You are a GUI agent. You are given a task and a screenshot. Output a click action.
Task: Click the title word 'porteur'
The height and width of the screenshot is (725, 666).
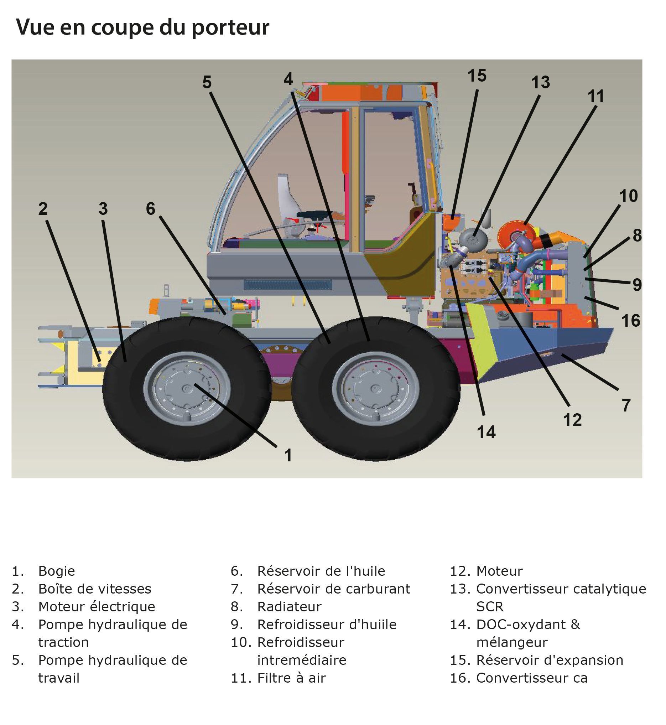click(x=230, y=28)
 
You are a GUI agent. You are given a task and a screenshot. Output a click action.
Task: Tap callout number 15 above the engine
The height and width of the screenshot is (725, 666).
click(x=477, y=76)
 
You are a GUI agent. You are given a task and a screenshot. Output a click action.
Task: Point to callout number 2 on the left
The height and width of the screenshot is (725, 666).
click(x=43, y=209)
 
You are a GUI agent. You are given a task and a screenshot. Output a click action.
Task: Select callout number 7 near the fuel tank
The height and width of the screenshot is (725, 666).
click(x=626, y=405)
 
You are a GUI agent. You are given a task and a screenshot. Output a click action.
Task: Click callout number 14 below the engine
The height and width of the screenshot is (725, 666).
click(x=486, y=432)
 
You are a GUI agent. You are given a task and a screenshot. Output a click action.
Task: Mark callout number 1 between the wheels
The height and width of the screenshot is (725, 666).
click(x=288, y=455)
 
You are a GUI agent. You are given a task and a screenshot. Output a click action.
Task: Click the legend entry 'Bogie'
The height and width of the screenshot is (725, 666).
click(x=57, y=571)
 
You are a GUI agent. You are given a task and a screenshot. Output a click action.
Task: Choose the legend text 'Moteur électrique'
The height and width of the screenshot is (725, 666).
click(x=97, y=607)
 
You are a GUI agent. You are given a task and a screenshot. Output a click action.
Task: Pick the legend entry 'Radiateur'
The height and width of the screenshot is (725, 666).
click(x=289, y=607)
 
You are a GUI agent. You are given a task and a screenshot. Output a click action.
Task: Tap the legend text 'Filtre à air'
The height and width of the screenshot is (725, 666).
click(x=291, y=678)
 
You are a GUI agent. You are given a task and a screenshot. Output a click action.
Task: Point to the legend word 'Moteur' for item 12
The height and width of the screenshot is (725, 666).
click(x=499, y=571)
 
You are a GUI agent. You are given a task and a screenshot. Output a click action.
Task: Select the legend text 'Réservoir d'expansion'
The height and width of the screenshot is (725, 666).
click(x=550, y=660)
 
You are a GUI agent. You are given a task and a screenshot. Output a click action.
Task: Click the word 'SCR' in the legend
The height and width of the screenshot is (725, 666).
click(x=489, y=607)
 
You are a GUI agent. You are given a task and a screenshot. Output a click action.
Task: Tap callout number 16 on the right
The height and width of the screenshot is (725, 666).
click(x=631, y=321)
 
